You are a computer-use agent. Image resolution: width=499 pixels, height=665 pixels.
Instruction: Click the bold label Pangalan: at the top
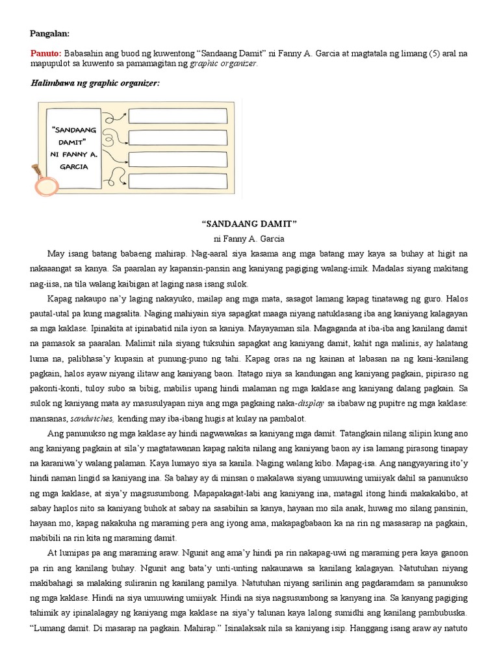pyautogui.click(x=49, y=33)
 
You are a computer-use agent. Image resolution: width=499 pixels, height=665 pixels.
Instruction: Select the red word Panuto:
pyautogui.click(x=45, y=53)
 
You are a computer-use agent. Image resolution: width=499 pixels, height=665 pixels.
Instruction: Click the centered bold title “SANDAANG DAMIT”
pyautogui.click(x=249, y=223)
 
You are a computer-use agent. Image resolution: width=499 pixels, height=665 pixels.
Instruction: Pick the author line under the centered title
pyautogui.click(x=249, y=238)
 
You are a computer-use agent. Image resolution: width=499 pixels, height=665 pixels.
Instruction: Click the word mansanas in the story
pyautogui.click(x=50, y=403)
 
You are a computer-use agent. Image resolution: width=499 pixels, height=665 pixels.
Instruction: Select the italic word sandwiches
pyautogui.click(x=93, y=403)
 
